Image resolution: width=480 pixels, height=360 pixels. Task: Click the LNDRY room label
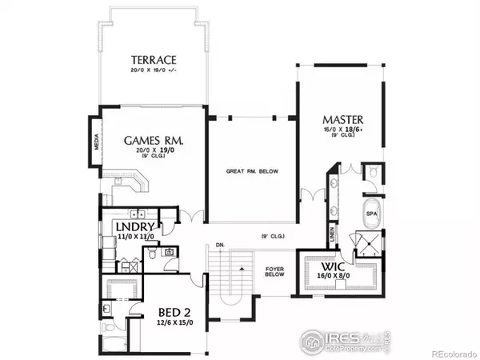(x=132, y=227)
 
